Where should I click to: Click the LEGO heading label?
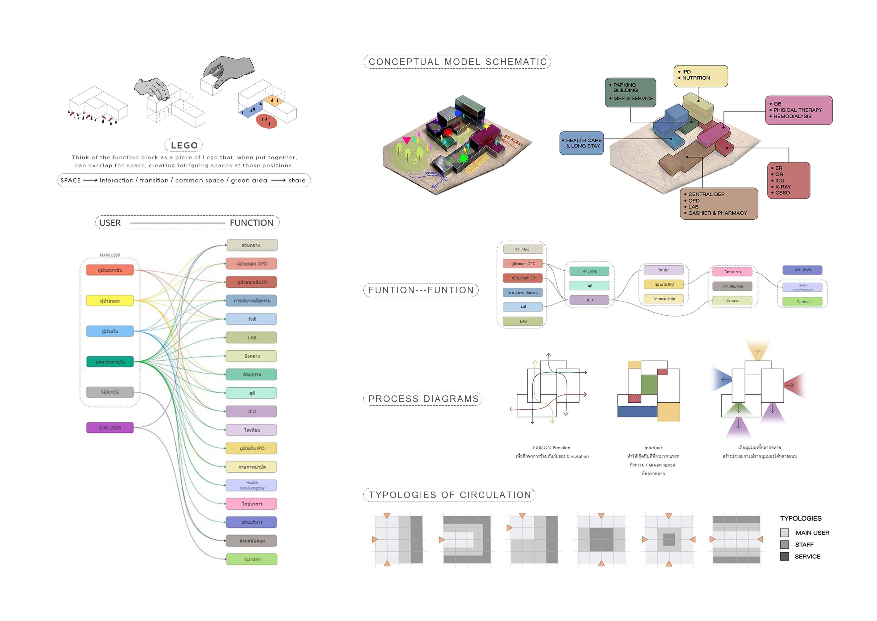point(184,145)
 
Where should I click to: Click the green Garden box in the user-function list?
point(252,559)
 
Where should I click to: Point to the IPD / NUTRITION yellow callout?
point(700,76)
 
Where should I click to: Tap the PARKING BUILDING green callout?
point(630,92)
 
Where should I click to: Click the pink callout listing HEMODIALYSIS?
point(798,110)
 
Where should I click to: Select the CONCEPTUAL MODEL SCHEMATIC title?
point(457,62)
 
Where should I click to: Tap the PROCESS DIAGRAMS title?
point(423,399)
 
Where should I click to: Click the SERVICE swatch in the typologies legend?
point(784,556)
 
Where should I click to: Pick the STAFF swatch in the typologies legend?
point(784,545)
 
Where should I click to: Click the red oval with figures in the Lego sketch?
point(266,121)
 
